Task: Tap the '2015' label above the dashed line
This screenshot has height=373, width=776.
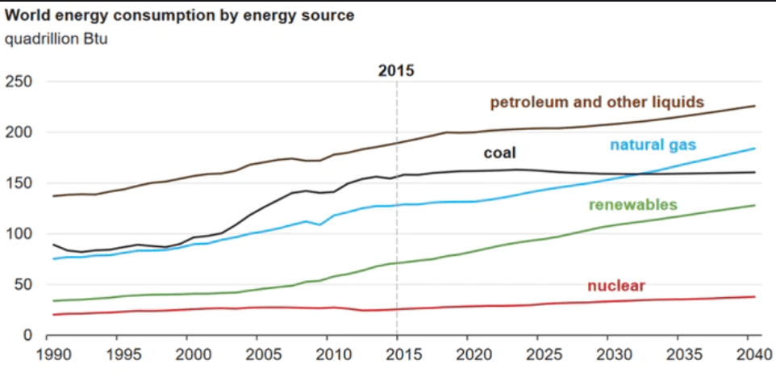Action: click(x=396, y=71)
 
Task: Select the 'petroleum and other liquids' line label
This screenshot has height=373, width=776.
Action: click(x=598, y=103)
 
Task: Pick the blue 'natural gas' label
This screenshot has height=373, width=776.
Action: click(x=653, y=145)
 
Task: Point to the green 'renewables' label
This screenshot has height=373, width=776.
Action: click(x=632, y=204)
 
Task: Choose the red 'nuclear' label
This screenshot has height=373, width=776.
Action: click(x=616, y=285)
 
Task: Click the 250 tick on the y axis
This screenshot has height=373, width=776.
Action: click(x=18, y=82)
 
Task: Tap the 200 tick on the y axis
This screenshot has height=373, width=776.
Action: click(x=18, y=132)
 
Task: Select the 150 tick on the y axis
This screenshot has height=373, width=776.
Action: click(x=18, y=183)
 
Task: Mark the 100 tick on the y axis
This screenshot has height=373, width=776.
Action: click(x=18, y=234)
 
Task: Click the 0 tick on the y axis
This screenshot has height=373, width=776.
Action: click(x=26, y=335)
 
